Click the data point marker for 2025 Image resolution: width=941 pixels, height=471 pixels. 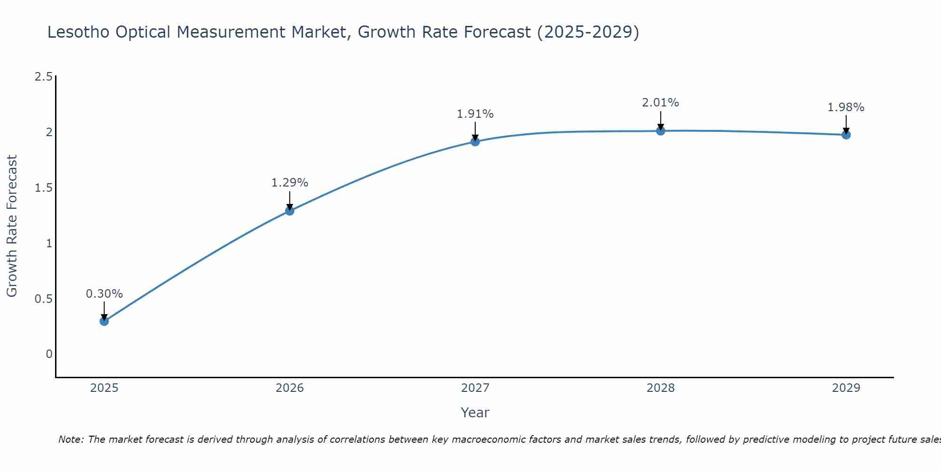point(104,321)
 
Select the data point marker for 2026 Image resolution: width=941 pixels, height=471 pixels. point(289,211)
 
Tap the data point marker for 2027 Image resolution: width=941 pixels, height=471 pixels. point(475,141)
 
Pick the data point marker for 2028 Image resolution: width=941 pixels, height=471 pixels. point(661,130)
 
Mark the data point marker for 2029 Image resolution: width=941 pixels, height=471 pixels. point(846,135)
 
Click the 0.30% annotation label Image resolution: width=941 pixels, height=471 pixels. point(104,294)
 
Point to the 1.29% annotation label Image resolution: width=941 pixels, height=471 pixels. point(289,183)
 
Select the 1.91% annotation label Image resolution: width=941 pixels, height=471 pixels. point(475,114)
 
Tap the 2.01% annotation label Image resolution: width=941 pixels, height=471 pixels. point(661,103)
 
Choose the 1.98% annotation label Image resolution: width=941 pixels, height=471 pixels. point(846,107)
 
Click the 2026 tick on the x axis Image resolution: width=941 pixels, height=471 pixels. point(289,388)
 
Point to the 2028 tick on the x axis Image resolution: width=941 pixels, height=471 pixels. point(661,388)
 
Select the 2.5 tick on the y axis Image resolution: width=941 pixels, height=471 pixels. point(43,77)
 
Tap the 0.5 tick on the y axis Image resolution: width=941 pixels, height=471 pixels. point(43,299)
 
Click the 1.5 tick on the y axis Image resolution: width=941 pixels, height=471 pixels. point(43,188)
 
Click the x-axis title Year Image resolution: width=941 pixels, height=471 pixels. point(475,413)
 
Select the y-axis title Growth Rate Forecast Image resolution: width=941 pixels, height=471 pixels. point(12,226)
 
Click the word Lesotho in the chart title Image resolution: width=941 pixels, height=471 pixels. point(78,32)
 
